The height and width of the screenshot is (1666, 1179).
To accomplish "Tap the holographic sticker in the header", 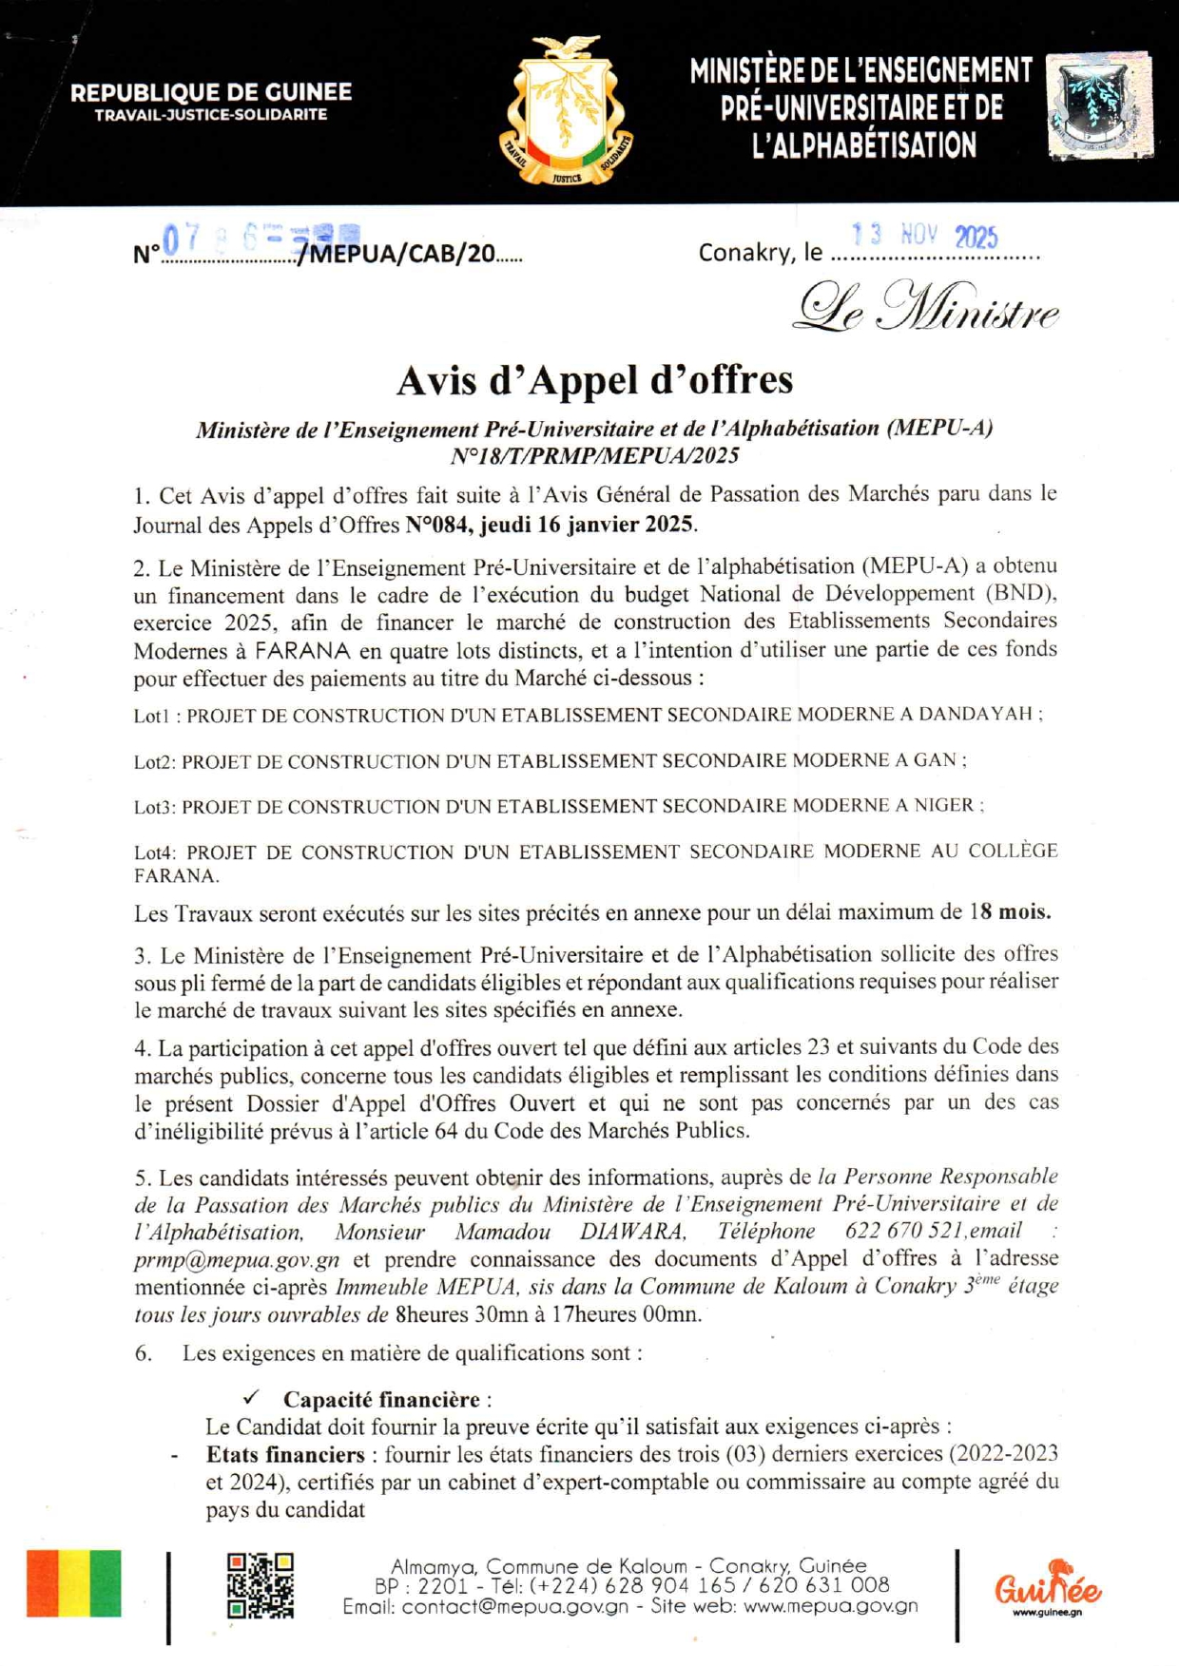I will (x=1099, y=105).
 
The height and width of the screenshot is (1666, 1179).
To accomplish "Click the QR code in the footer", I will (x=260, y=1585).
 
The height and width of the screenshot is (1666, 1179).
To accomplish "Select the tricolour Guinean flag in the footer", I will (x=74, y=1583).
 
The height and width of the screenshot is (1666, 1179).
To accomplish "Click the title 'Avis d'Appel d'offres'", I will (x=594, y=380).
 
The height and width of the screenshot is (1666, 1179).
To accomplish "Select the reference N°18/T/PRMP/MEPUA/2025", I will (x=594, y=456).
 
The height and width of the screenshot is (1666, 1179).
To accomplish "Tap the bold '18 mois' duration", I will (x=1010, y=912).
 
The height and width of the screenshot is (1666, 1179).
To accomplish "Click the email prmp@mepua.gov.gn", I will (x=237, y=1260).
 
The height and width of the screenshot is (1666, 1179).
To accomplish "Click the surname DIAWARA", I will (x=631, y=1232).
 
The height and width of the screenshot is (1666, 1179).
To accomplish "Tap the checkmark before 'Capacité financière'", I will (x=251, y=1397).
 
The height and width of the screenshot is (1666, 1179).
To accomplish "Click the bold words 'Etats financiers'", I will (x=285, y=1454).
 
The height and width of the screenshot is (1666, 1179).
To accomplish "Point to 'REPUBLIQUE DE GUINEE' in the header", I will (x=211, y=93).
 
